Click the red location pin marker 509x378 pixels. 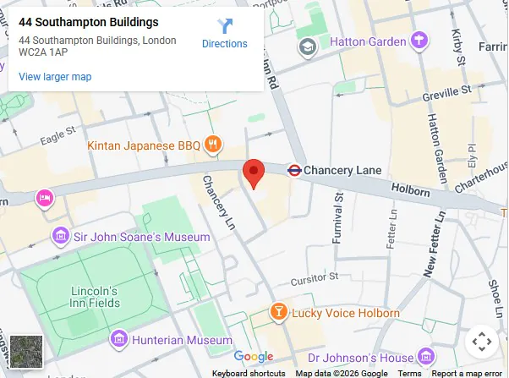(x=254, y=173)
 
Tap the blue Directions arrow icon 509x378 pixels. (x=225, y=26)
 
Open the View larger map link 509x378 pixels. (x=55, y=77)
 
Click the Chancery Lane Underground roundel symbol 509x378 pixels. (x=294, y=170)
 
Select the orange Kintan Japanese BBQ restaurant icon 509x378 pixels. (x=213, y=145)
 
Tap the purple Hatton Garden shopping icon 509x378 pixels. (x=419, y=40)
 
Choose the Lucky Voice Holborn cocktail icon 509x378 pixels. (x=277, y=313)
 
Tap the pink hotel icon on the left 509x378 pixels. (x=44, y=199)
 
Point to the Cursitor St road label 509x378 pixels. (x=314, y=277)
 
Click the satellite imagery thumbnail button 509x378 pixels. (x=25, y=351)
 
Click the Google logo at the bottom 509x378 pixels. (x=254, y=357)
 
